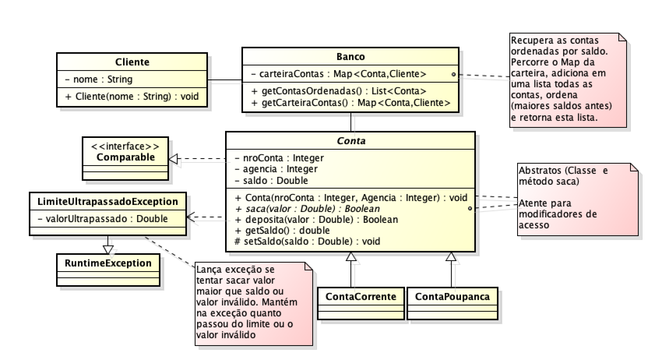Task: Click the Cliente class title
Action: coord(132,62)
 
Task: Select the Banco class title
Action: coord(350,56)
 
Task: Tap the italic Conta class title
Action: coord(351,141)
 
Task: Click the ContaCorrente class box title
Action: coord(361,296)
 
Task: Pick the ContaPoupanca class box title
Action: coord(452,296)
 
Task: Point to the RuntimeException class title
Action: coord(108,263)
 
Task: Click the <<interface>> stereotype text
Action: coord(125,146)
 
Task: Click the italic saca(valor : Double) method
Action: coord(308,208)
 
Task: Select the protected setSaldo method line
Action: coord(308,241)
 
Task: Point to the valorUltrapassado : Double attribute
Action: coord(103,219)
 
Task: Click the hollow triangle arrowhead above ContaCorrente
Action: coord(351,256)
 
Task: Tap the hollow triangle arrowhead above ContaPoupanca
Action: coord(451,256)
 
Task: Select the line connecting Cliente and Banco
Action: coord(225,81)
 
